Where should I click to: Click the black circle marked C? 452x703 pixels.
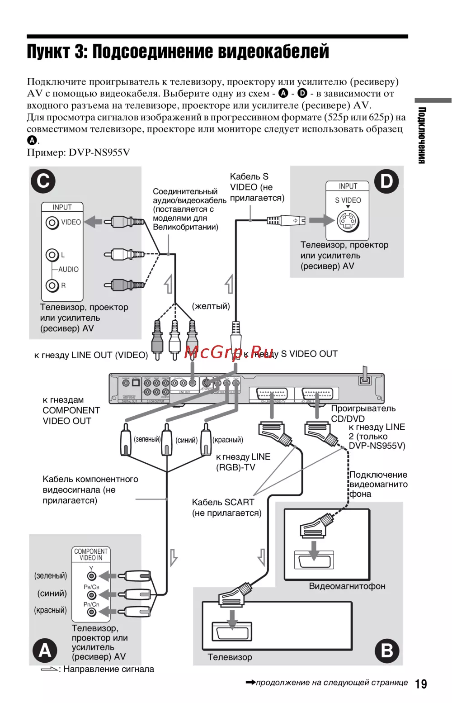[43, 181]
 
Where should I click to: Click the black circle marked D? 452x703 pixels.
[386, 181]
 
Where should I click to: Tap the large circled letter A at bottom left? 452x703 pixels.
[45, 650]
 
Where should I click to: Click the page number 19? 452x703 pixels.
[421, 684]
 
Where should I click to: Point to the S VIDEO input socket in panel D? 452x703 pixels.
[348, 221]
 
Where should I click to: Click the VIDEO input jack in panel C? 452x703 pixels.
[52, 223]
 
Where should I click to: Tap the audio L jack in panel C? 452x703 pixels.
[52, 255]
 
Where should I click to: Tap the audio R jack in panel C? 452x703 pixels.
[52, 285]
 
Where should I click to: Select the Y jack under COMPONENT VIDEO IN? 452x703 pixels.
[92, 576]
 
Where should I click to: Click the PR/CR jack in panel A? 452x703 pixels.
[92, 612]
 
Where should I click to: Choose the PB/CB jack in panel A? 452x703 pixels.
[92, 595]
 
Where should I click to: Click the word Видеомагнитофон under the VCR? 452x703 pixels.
[347, 586]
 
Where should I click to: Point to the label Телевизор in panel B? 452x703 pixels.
[230, 657]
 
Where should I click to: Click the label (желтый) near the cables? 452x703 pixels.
[211, 306]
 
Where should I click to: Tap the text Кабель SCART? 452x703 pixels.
[223, 502]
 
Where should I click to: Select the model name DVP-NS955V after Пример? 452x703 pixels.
[99, 152]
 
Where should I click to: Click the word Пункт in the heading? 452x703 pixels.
[47, 52]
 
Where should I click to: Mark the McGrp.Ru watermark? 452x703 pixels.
[229, 352]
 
